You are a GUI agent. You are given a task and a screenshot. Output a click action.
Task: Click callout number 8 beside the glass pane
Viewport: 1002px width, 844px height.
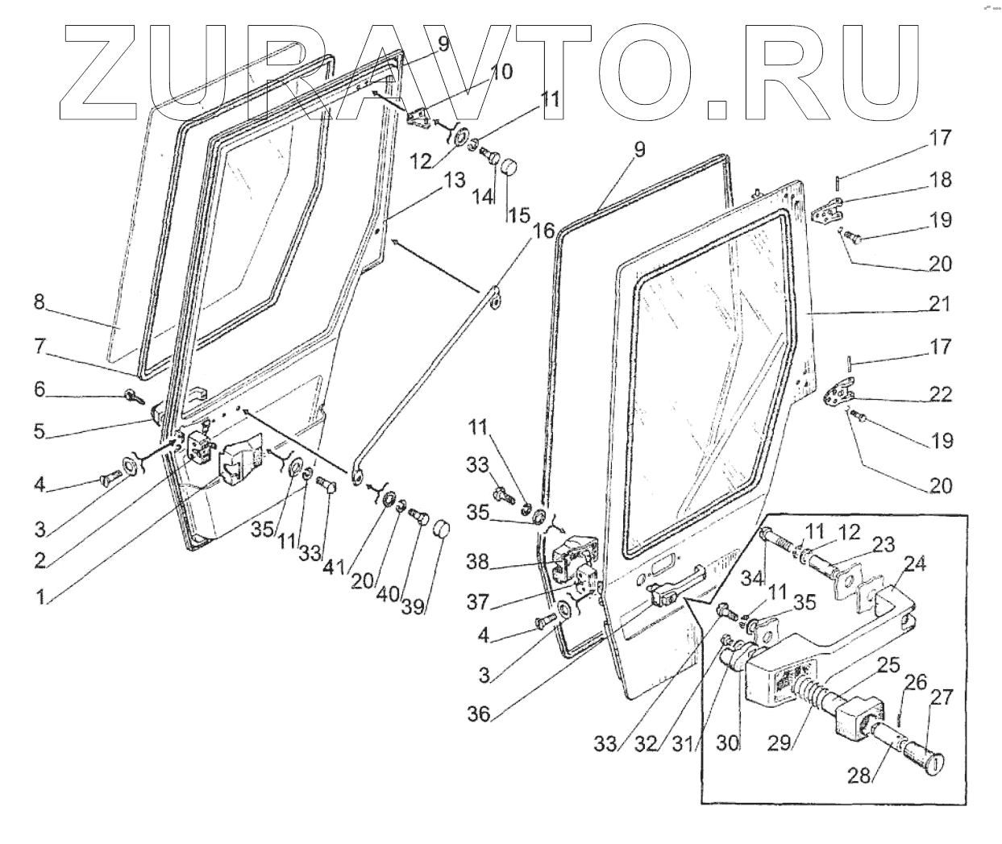tap(38, 305)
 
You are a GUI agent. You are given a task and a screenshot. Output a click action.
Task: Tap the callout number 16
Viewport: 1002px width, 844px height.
tap(544, 232)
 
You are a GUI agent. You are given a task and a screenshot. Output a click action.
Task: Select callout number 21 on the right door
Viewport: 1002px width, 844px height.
tap(939, 305)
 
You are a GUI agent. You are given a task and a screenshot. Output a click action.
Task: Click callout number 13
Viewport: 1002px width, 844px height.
tap(455, 181)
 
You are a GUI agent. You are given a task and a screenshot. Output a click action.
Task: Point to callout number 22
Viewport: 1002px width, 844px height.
tap(941, 395)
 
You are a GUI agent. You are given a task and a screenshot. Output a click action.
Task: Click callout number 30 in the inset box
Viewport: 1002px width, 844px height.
tap(728, 742)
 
